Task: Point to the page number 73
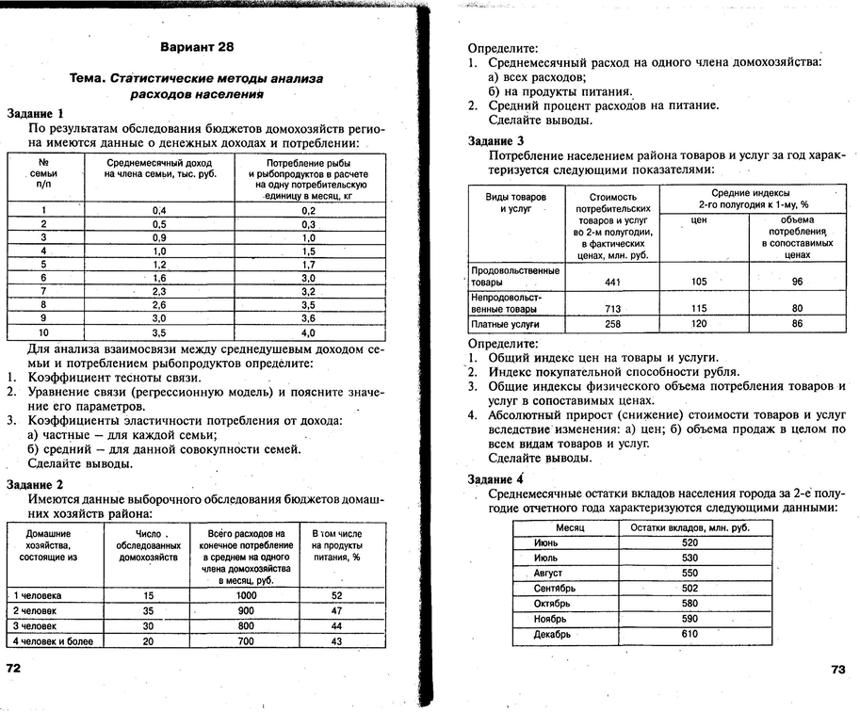(x=838, y=670)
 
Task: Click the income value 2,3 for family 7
(x=159, y=292)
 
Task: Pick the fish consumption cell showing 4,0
(x=308, y=332)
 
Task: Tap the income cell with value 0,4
(x=159, y=210)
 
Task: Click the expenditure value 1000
(x=246, y=595)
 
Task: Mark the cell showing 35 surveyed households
(x=149, y=610)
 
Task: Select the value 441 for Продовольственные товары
(x=612, y=282)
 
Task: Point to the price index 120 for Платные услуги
(x=699, y=324)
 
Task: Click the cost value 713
(x=612, y=309)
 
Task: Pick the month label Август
(x=548, y=573)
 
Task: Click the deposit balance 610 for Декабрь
(x=690, y=634)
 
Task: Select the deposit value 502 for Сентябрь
(x=690, y=588)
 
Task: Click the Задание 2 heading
(x=35, y=484)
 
